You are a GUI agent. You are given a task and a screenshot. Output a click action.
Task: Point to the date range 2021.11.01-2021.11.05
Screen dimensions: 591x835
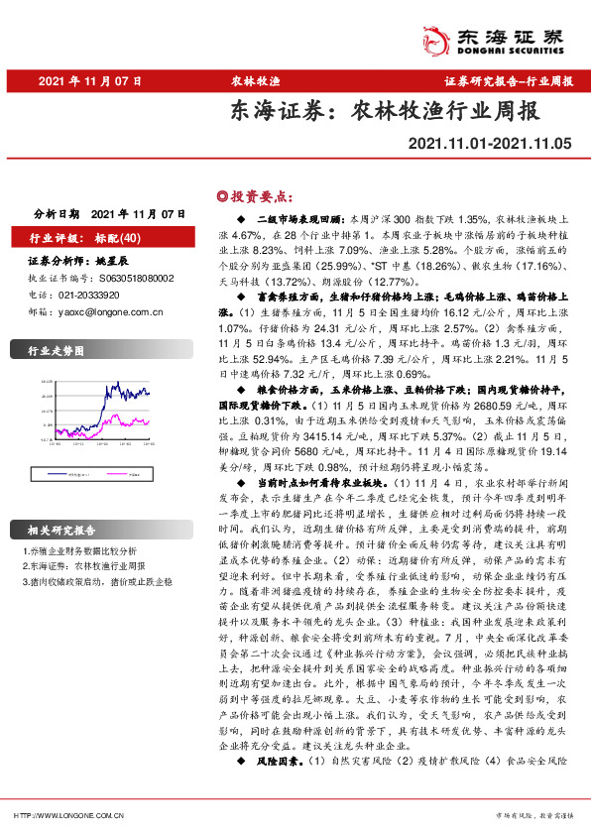(x=490, y=147)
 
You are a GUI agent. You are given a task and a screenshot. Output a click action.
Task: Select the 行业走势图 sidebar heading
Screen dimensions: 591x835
(x=56, y=351)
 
